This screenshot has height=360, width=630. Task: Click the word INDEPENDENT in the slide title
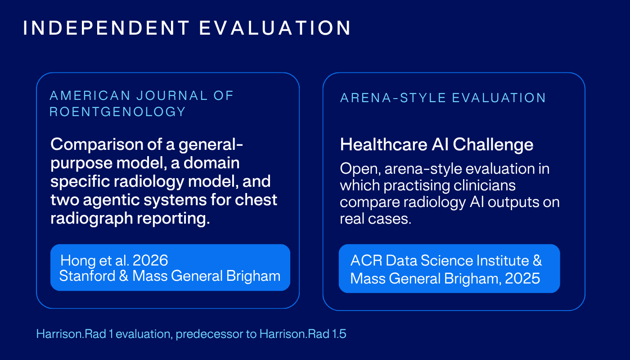coord(106,28)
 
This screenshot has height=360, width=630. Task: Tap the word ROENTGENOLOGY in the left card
coord(117,112)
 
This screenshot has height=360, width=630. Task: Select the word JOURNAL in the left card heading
coord(172,95)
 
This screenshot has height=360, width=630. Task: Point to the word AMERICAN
coord(90,95)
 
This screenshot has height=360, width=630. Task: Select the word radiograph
coord(91,219)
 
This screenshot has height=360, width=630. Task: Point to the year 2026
coord(150,260)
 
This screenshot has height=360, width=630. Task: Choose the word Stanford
coord(87,275)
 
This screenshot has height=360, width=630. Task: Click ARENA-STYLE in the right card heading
coord(393,98)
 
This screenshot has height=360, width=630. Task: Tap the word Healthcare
coord(383,144)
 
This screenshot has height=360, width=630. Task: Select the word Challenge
coord(493,145)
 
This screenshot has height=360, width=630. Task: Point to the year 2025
coord(522,279)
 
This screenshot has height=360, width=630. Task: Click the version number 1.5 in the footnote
coord(339,334)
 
